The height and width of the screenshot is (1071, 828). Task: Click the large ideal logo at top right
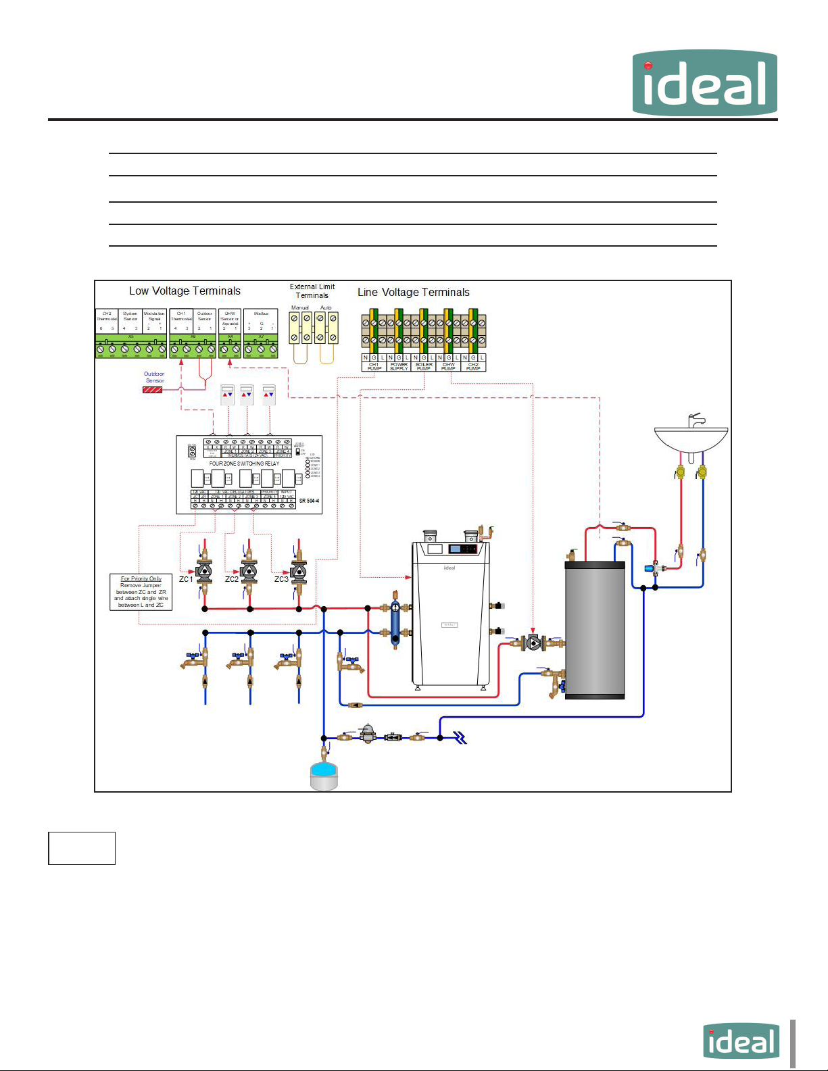pos(704,82)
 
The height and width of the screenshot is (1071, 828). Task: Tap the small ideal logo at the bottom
pos(741,1041)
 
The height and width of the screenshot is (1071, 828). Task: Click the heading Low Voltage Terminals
pos(185,291)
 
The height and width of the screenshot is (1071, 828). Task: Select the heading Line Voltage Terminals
pos(413,293)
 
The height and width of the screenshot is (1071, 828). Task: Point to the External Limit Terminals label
pos(312,291)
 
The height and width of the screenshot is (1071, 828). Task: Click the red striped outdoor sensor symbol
pos(152,390)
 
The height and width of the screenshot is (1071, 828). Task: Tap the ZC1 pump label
pos(186,579)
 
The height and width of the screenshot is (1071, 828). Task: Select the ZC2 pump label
pos(232,579)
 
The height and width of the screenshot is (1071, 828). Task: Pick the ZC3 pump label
pos(281,579)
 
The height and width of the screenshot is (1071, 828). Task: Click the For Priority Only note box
pos(141,592)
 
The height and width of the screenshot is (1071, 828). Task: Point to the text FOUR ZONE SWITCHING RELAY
pos(244,464)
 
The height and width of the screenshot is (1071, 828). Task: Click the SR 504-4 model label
pos(309,501)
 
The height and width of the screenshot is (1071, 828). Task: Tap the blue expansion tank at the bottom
pos(323,775)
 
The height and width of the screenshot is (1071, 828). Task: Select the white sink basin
pos(691,439)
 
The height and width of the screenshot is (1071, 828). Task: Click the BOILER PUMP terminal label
pos(424,366)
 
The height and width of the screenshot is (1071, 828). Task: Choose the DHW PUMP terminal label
pos(448,366)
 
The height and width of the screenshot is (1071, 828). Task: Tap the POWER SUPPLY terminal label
pos(399,366)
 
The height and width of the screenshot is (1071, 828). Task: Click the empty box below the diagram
pos(82,848)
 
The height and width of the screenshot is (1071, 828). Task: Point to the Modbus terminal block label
pos(261,314)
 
